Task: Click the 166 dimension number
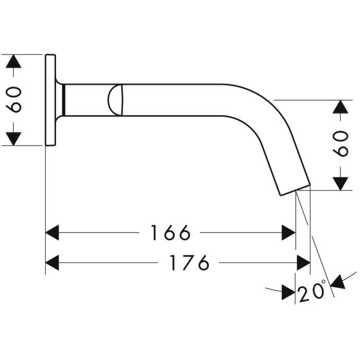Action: (x=170, y=233)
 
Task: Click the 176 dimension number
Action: (x=189, y=263)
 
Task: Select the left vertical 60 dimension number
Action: (x=14, y=100)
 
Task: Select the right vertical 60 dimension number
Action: (x=340, y=143)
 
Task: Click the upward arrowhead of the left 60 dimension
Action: (x=13, y=61)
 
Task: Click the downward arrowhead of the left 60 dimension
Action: (x=13, y=139)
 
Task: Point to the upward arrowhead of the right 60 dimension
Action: (x=340, y=107)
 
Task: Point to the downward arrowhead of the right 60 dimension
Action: (x=340, y=184)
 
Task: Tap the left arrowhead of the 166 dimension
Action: (x=52, y=232)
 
